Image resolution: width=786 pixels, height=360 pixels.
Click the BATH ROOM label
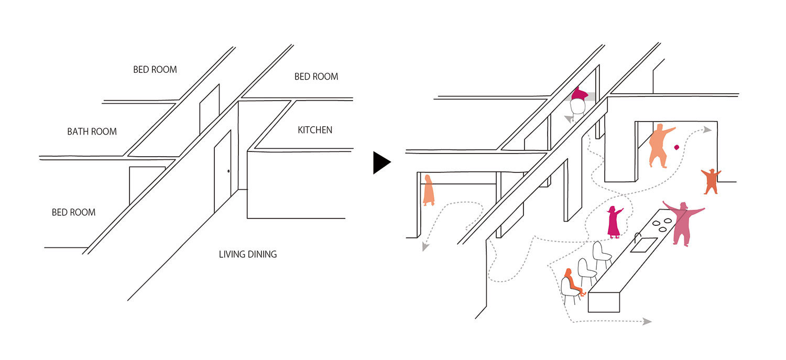tap(92, 132)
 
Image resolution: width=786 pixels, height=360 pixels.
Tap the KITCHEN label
tap(315, 130)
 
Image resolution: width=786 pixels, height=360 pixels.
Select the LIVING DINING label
tap(247, 255)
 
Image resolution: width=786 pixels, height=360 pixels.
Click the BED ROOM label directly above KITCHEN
tap(316, 77)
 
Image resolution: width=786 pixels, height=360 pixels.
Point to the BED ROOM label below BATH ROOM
tap(73, 212)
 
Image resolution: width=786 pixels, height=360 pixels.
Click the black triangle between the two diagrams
tap(381, 162)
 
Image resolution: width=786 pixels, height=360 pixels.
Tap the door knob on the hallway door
tap(228, 171)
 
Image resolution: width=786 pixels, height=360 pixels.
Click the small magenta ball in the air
tap(676, 148)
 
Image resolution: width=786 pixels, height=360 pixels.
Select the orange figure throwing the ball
tap(658, 145)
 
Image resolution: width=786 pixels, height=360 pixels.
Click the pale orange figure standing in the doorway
tap(429, 190)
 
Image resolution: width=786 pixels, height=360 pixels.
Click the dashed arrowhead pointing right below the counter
tap(648, 321)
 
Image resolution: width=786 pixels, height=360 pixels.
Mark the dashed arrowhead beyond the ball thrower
tap(707, 129)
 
